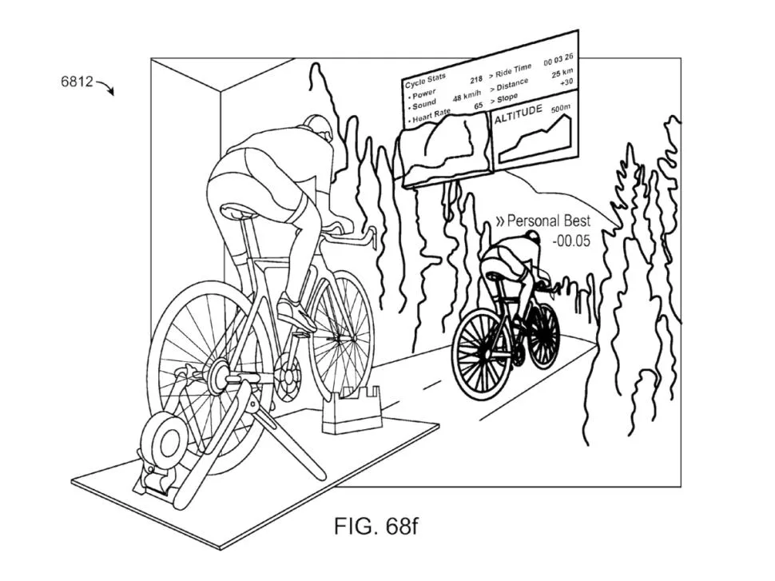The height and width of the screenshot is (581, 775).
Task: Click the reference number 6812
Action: click(77, 81)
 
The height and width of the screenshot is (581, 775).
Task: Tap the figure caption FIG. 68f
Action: click(376, 526)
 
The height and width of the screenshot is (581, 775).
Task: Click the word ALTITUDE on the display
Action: click(518, 113)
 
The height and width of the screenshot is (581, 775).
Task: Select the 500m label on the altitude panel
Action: click(561, 108)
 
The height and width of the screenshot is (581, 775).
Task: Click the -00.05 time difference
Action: click(571, 241)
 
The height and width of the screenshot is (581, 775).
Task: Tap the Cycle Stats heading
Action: click(425, 81)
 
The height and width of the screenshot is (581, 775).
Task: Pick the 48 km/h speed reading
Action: click(467, 95)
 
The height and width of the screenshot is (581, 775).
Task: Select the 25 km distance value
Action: click(562, 74)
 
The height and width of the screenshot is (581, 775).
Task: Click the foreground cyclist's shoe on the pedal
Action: click(296, 312)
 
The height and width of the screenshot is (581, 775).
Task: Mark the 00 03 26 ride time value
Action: click(558, 59)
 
